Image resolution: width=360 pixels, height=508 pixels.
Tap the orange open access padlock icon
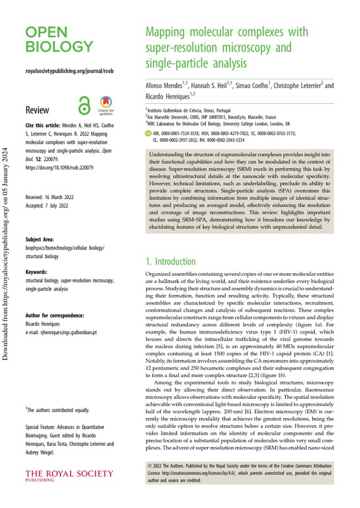pyautogui.click(x=84, y=106)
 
